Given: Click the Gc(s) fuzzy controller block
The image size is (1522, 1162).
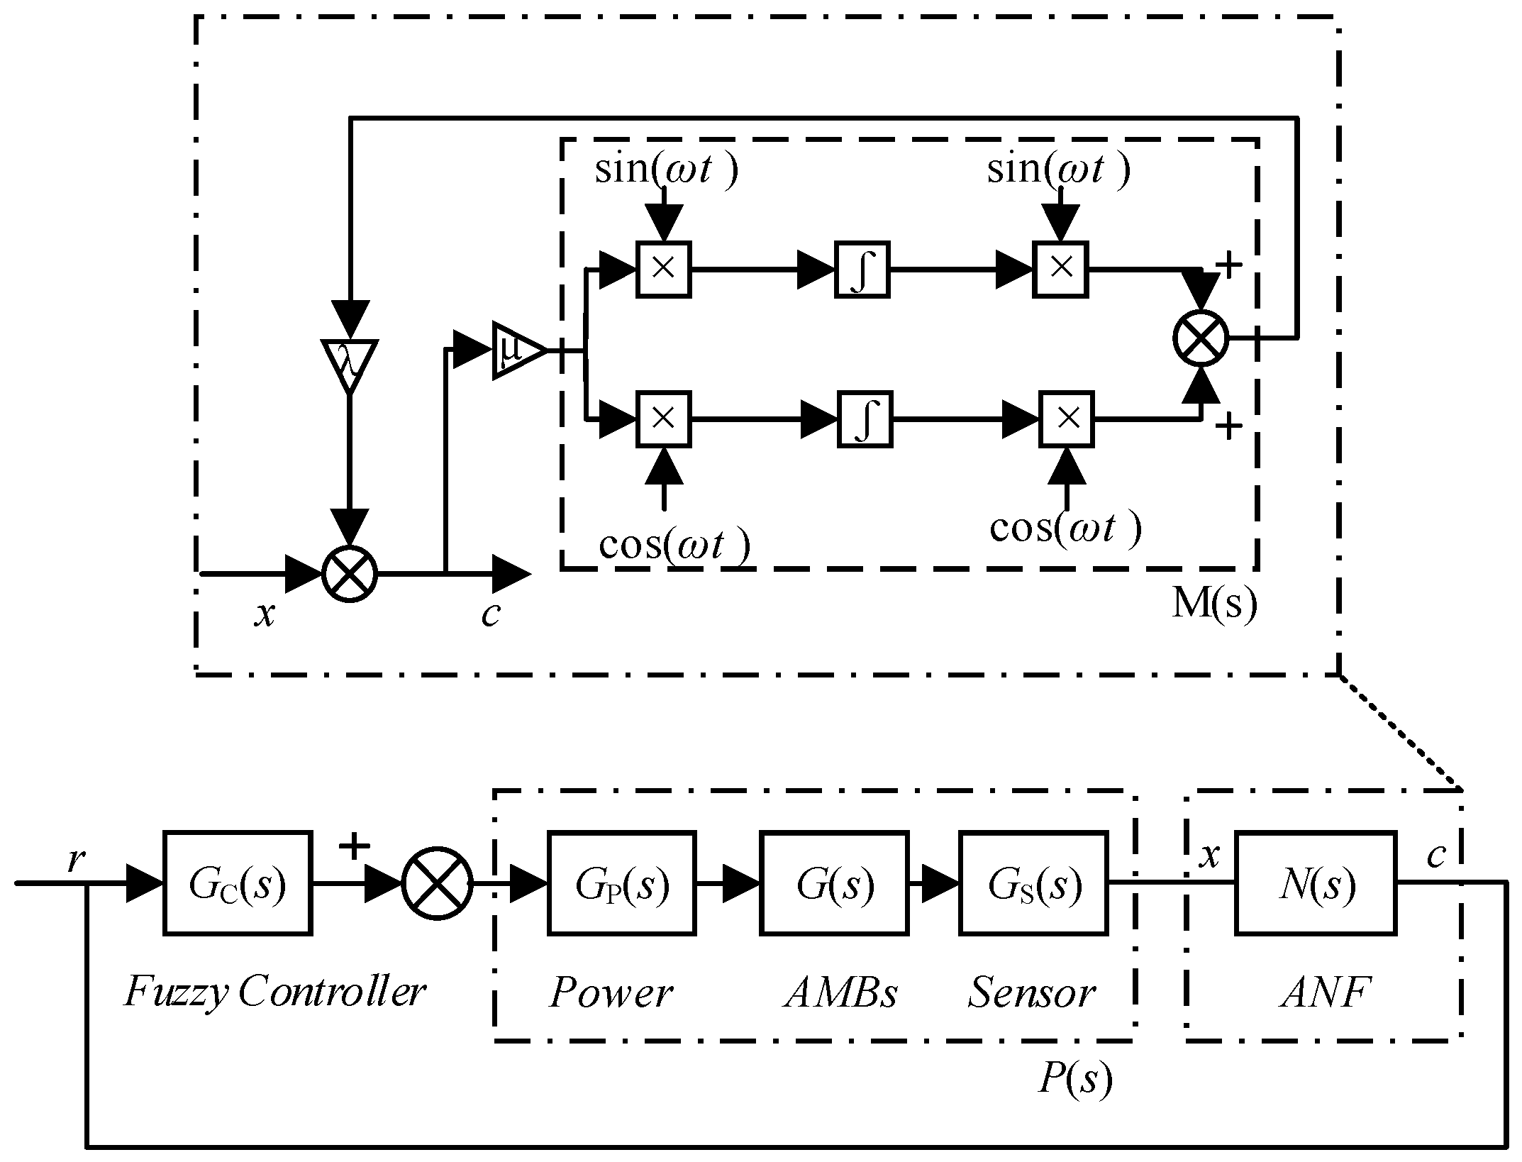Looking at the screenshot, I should point(237,883).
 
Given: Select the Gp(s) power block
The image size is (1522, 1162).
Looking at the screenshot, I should point(621,883).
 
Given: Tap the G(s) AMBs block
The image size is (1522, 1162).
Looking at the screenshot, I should point(834,883).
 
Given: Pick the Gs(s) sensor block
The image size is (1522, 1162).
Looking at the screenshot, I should point(1033,883).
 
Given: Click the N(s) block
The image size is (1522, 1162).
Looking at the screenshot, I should point(1316,883).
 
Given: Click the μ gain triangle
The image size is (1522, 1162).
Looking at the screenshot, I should point(516,350).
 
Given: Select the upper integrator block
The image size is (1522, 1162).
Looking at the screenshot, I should point(861,270).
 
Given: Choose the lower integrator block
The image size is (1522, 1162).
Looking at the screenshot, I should point(864,419).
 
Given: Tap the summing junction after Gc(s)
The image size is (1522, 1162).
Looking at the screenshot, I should point(438,883).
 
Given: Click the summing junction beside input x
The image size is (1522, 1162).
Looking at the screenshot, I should point(350,574).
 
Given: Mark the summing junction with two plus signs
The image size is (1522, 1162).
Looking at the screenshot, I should point(1200,338).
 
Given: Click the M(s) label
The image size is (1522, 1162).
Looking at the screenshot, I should point(1213,604).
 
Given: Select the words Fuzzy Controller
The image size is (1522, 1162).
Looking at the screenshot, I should point(274,992).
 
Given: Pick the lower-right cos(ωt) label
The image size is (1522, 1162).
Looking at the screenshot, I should point(1065,528).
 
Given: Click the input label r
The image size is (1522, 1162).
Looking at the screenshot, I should point(76,860).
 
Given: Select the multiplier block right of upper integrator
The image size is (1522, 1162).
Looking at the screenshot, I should point(1060,270).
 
